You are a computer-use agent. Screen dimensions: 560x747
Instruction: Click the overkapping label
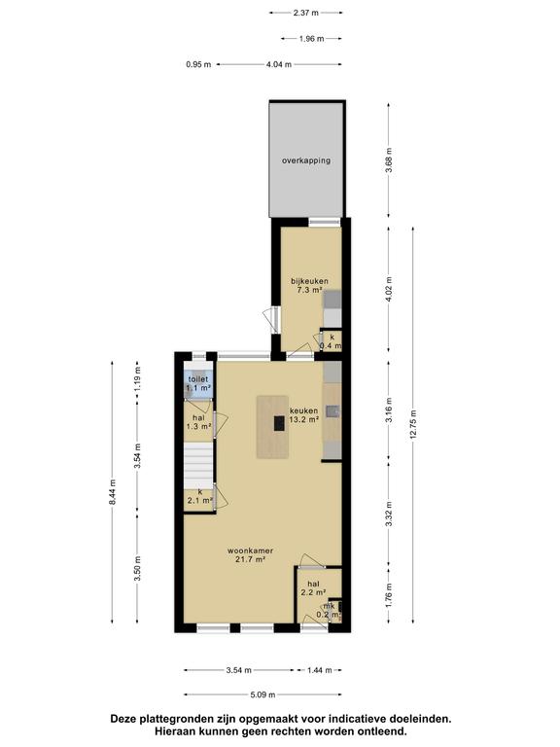click(305, 160)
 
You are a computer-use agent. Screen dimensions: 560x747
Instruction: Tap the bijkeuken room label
click(309, 285)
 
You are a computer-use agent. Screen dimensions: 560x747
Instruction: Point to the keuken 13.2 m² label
click(303, 415)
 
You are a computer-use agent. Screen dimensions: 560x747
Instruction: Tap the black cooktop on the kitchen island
click(280, 423)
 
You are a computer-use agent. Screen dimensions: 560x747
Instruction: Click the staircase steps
click(198, 465)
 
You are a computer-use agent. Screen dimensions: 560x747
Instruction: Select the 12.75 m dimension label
click(412, 424)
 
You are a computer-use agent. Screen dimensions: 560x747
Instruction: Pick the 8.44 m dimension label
click(113, 491)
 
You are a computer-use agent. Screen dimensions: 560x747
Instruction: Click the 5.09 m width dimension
click(262, 694)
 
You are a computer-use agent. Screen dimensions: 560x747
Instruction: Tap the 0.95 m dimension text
click(198, 64)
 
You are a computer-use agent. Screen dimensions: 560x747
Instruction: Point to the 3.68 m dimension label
click(389, 160)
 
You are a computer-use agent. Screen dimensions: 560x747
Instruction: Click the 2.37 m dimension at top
click(305, 13)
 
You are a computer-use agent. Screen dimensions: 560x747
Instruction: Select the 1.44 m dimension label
click(319, 670)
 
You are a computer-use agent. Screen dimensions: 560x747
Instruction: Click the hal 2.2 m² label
click(313, 588)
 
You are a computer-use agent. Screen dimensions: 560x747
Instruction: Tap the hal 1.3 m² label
click(198, 422)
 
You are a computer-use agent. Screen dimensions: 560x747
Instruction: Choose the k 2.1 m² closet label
click(199, 496)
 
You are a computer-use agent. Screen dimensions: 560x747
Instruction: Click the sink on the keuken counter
click(332, 410)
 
